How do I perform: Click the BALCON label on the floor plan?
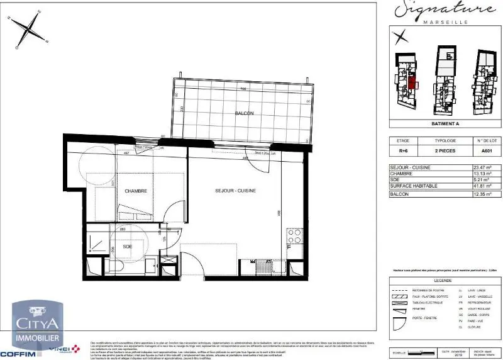pyautogui.click(x=244, y=113)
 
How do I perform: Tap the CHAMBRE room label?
pyautogui.click(x=136, y=191)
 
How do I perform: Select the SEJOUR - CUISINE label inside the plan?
pyautogui.click(x=235, y=191)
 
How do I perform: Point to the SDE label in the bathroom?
pyautogui.click(x=127, y=247)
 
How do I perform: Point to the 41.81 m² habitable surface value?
pyautogui.click(x=490, y=187)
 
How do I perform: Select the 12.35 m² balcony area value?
pyautogui.click(x=490, y=194)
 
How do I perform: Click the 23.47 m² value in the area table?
pyautogui.click(x=490, y=168)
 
